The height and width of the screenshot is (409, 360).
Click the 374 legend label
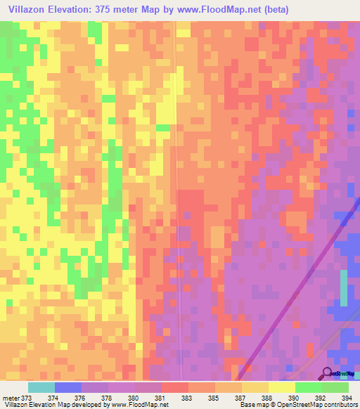coord(53,398)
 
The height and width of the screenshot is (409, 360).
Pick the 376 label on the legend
coord(79,398)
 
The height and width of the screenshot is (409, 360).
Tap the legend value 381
coord(160,398)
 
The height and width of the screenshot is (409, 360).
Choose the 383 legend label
coord(186,398)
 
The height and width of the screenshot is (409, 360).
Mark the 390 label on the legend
coord(293,398)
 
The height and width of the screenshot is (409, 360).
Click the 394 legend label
coord(345,398)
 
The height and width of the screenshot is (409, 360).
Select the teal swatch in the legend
coord(41,387)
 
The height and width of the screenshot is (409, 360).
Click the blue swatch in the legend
coord(67,387)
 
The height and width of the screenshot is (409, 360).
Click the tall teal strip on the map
coord(343,287)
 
